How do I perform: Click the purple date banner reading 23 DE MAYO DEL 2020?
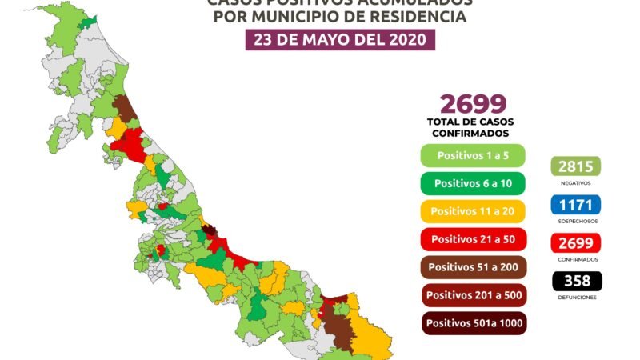(x=340, y=40)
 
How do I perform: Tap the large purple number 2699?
(x=472, y=103)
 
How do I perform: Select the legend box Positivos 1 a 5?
(x=471, y=154)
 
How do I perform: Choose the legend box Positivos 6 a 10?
(x=472, y=183)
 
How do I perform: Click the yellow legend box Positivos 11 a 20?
(x=472, y=211)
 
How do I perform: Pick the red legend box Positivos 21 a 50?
(x=472, y=239)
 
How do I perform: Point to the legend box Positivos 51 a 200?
(x=472, y=267)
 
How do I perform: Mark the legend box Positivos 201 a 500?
(x=472, y=295)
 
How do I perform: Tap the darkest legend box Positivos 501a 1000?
(x=472, y=323)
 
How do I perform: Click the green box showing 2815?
(x=575, y=166)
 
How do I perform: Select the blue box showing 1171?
(x=575, y=205)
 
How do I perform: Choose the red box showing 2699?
(x=575, y=242)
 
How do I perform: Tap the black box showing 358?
(x=575, y=281)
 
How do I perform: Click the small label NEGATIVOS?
(x=575, y=182)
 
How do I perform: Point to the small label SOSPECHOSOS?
(x=575, y=221)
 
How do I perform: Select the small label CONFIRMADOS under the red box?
(x=575, y=258)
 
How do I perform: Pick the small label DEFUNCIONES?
(x=575, y=297)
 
